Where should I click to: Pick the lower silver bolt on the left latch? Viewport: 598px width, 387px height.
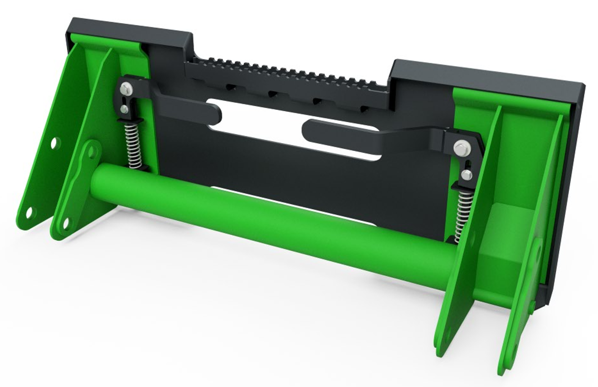pos(124,108)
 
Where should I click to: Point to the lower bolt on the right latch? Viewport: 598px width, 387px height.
pos(466,174)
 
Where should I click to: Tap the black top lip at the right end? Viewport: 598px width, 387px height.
pos(487,75)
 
